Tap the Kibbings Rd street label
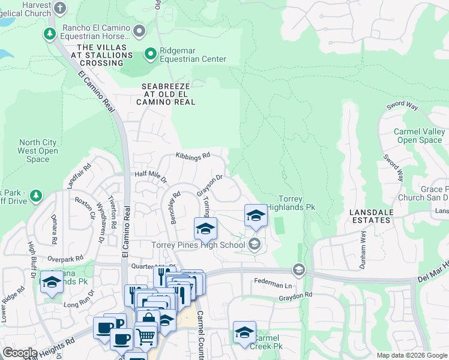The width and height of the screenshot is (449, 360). coord(193,155)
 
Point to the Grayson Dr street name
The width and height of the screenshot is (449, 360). coord(210,185)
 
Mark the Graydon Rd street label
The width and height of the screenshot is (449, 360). coord(295,295)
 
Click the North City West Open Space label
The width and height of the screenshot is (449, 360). coord(38,151)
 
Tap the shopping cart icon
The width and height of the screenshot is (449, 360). coord(145,337)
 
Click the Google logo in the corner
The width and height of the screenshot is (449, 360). coord(19,353)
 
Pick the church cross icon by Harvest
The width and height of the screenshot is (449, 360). coord(59,8)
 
